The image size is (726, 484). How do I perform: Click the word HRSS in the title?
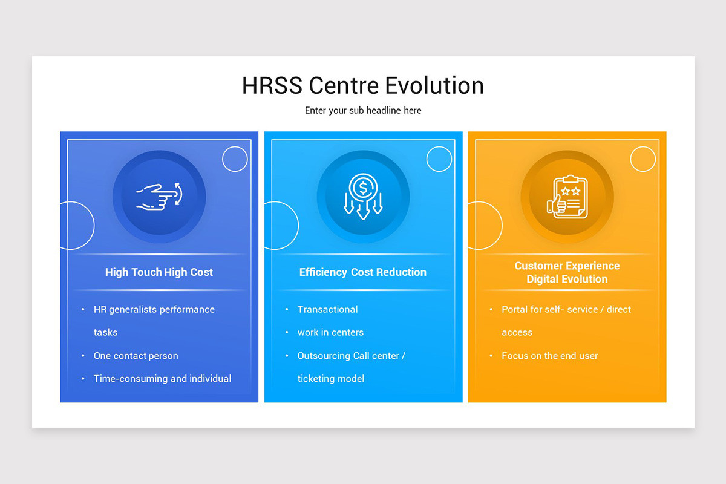(x=272, y=85)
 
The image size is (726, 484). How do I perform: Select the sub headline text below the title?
(x=363, y=111)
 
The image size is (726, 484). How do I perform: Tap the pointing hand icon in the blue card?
(x=159, y=197)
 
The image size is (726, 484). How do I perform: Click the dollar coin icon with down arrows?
(x=363, y=197)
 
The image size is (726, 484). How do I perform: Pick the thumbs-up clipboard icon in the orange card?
(x=567, y=197)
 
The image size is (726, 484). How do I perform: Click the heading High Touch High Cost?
(x=159, y=272)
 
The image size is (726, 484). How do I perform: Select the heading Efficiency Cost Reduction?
(x=363, y=272)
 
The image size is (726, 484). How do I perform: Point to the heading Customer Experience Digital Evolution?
(x=567, y=272)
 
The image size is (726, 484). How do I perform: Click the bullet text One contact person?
(x=136, y=356)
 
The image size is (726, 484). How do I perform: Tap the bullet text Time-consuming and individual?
(x=162, y=379)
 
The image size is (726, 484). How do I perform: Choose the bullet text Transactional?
(x=327, y=309)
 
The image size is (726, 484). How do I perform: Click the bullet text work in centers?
(x=330, y=332)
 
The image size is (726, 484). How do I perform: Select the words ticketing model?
(x=330, y=379)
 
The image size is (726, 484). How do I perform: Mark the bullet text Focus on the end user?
(x=549, y=356)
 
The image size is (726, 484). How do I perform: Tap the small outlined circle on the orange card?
(x=643, y=159)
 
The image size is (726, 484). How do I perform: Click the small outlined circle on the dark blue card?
(x=235, y=159)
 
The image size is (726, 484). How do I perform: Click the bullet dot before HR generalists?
(x=83, y=309)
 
